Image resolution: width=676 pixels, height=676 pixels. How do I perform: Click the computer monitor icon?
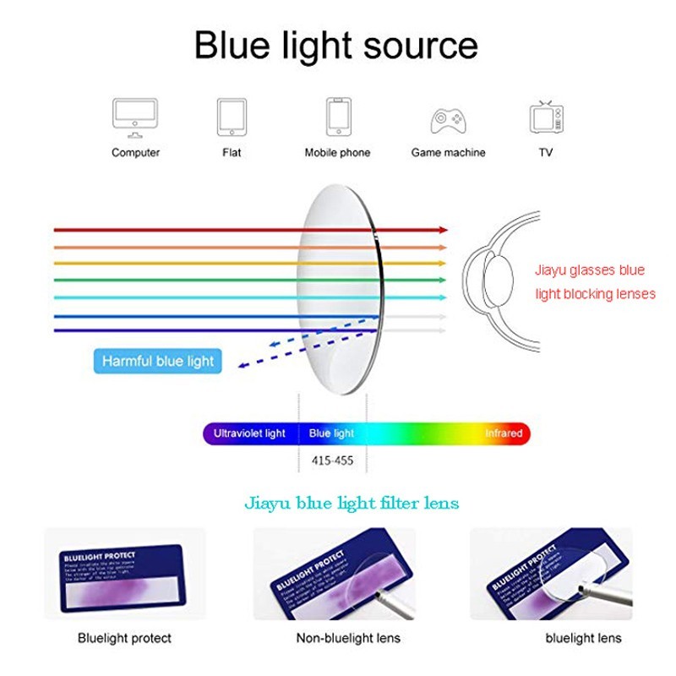pos(135,117)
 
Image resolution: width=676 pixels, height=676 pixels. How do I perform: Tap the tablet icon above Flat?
pos(232,117)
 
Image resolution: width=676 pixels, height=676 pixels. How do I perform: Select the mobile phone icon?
pos(338,116)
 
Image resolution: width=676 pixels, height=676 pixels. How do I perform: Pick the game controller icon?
pos(448,119)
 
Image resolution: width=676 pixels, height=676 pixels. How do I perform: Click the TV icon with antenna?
pos(545,117)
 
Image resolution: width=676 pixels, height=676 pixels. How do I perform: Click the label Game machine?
pos(448,153)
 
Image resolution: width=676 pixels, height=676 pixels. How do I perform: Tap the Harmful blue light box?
pos(158,362)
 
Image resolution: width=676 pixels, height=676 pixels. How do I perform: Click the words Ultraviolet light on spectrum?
pos(249,433)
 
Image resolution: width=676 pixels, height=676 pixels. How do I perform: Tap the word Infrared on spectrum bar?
pos(504,433)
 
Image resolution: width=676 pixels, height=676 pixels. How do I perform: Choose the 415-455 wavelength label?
pos(332,461)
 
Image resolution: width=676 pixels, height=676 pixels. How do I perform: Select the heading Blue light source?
pos(336,45)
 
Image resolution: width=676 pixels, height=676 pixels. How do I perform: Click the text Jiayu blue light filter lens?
pos(352,504)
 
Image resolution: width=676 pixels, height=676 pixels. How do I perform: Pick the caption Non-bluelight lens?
pos(348,638)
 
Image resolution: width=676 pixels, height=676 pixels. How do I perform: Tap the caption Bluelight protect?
pos(124,638)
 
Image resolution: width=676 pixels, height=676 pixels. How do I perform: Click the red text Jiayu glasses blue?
pos(589,270)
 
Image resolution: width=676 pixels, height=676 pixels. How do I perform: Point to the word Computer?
pos(135,153)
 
